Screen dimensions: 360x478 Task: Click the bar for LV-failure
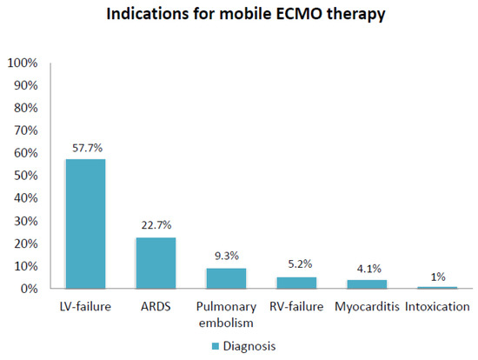point(86,223)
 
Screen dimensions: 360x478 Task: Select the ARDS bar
point(156,263)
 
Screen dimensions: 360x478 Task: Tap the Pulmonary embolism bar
point(226,278)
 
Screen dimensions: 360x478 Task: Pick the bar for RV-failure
point(295,283)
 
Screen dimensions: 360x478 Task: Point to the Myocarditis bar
point(366,284)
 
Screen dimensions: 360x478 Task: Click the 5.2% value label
point(295,263)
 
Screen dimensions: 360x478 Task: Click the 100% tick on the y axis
point(22,63)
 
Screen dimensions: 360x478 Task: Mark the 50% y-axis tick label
point(24,176)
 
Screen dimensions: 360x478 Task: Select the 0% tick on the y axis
point(27,288)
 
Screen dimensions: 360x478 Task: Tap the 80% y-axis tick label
point(24,109)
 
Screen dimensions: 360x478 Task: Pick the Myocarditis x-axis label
point(366,306)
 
